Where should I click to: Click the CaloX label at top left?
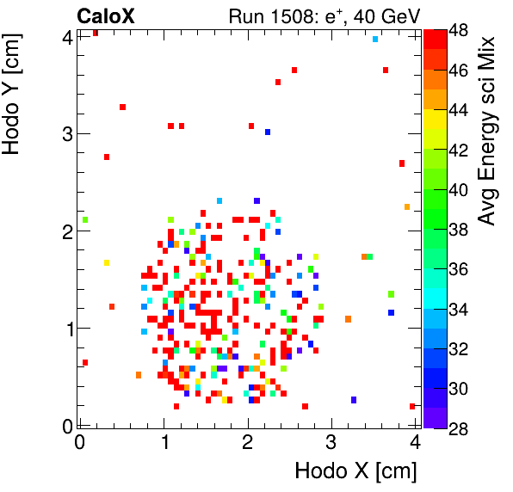tap(105, 15)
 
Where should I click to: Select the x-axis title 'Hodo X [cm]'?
tap(355, 471)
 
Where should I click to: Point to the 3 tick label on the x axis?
tap(331, 441)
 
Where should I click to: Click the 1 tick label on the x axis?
tap(164, 441)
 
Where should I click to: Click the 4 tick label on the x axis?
tap(415, 441)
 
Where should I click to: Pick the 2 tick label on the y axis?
tap(67, 231)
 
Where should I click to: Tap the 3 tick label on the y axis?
tap(67, 133)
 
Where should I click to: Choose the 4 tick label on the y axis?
tap(67, 37)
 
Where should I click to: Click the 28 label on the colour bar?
tap(460, 429)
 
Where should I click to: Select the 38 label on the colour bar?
tap(460, 230)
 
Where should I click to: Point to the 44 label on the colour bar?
tap(460, 110)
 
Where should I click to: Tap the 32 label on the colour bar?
tap(460, 349)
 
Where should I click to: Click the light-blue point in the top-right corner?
tap(375, 39)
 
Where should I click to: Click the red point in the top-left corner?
tap(95, 33)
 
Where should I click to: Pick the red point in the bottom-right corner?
tap(412, 406)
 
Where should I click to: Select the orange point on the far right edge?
tap(406, 206)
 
